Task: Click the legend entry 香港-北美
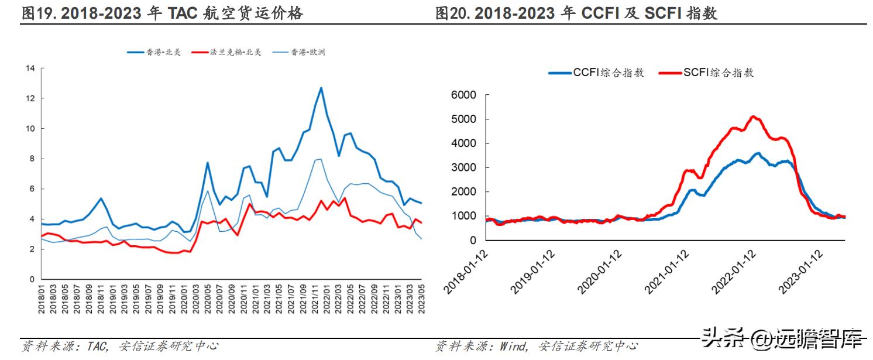(x=153, y=52)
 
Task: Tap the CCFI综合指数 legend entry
(x=596, y=73)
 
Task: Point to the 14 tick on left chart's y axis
(x=30, y=68)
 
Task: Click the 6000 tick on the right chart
(x=463, y=95)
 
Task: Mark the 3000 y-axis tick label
(x=463, y=167)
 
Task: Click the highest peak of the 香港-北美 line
(x=321, y=88)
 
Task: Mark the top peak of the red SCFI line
(x=753, y=116)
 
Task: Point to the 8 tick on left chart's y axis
(x=33, y=159)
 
